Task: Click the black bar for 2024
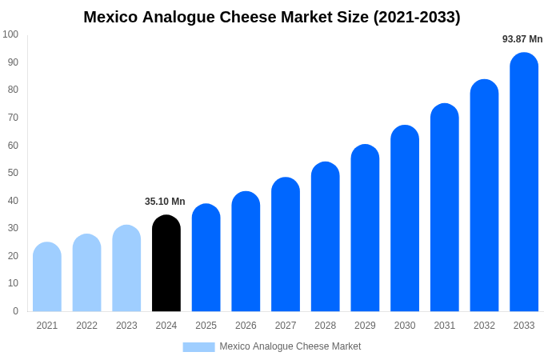(x=166, y=263)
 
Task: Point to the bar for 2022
(x=86, y=273)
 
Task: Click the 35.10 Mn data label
(x=165, y=202)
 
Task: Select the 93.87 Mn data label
(x=522, y=39)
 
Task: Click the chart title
(x=272, y=17)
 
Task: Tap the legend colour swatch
(x=198, y=346)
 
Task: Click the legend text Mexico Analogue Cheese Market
(x=290, y=346)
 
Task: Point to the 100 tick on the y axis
(x=10, y=34)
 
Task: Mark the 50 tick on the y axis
(x=13, y=173)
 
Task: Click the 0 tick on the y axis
(x=15, y=311)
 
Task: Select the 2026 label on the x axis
(x=246, y=326)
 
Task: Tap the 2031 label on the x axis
(x=445, y=326)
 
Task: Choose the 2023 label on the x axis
(x=126, y=326)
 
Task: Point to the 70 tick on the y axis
(x=13, y=118)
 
